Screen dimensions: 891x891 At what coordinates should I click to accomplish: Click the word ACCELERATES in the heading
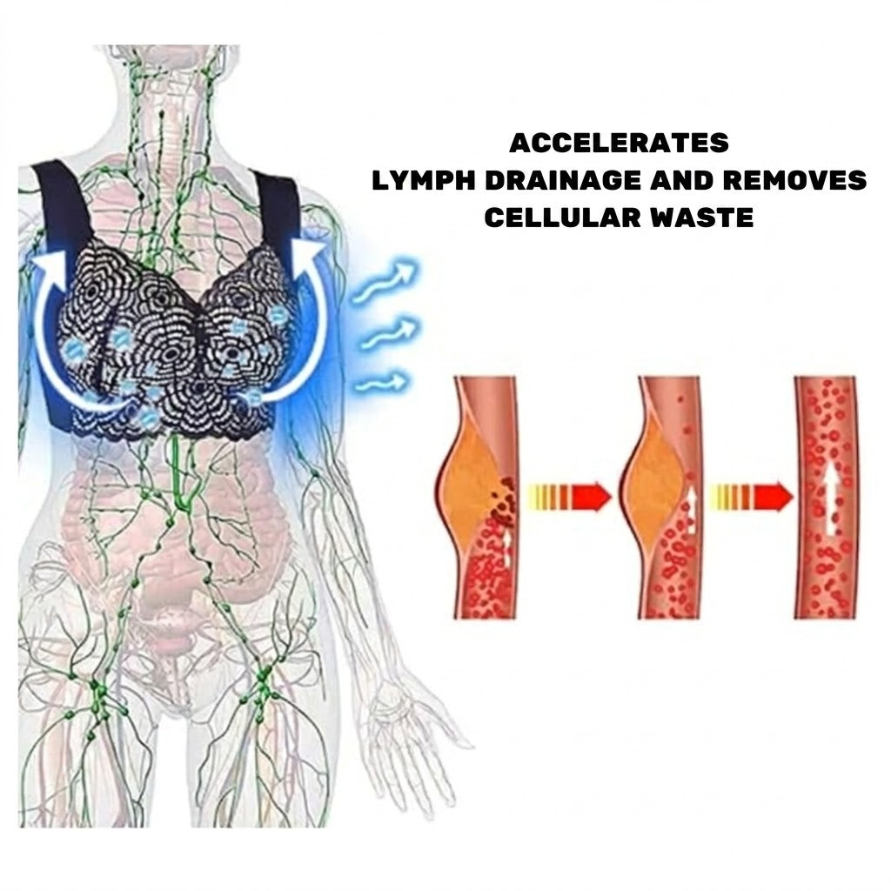click(x=619, y=143)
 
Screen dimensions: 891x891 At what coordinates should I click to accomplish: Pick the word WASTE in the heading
click(x=702, y=218)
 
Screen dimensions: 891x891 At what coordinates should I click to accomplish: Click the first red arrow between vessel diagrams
click(x=570, y=497)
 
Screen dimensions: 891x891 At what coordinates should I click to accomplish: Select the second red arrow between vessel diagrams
click(x=752, y=497)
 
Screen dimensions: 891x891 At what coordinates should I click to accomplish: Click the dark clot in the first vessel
click(x=502, y=501)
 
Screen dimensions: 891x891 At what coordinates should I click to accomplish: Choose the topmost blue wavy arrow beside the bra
click(x=385, y=281)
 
